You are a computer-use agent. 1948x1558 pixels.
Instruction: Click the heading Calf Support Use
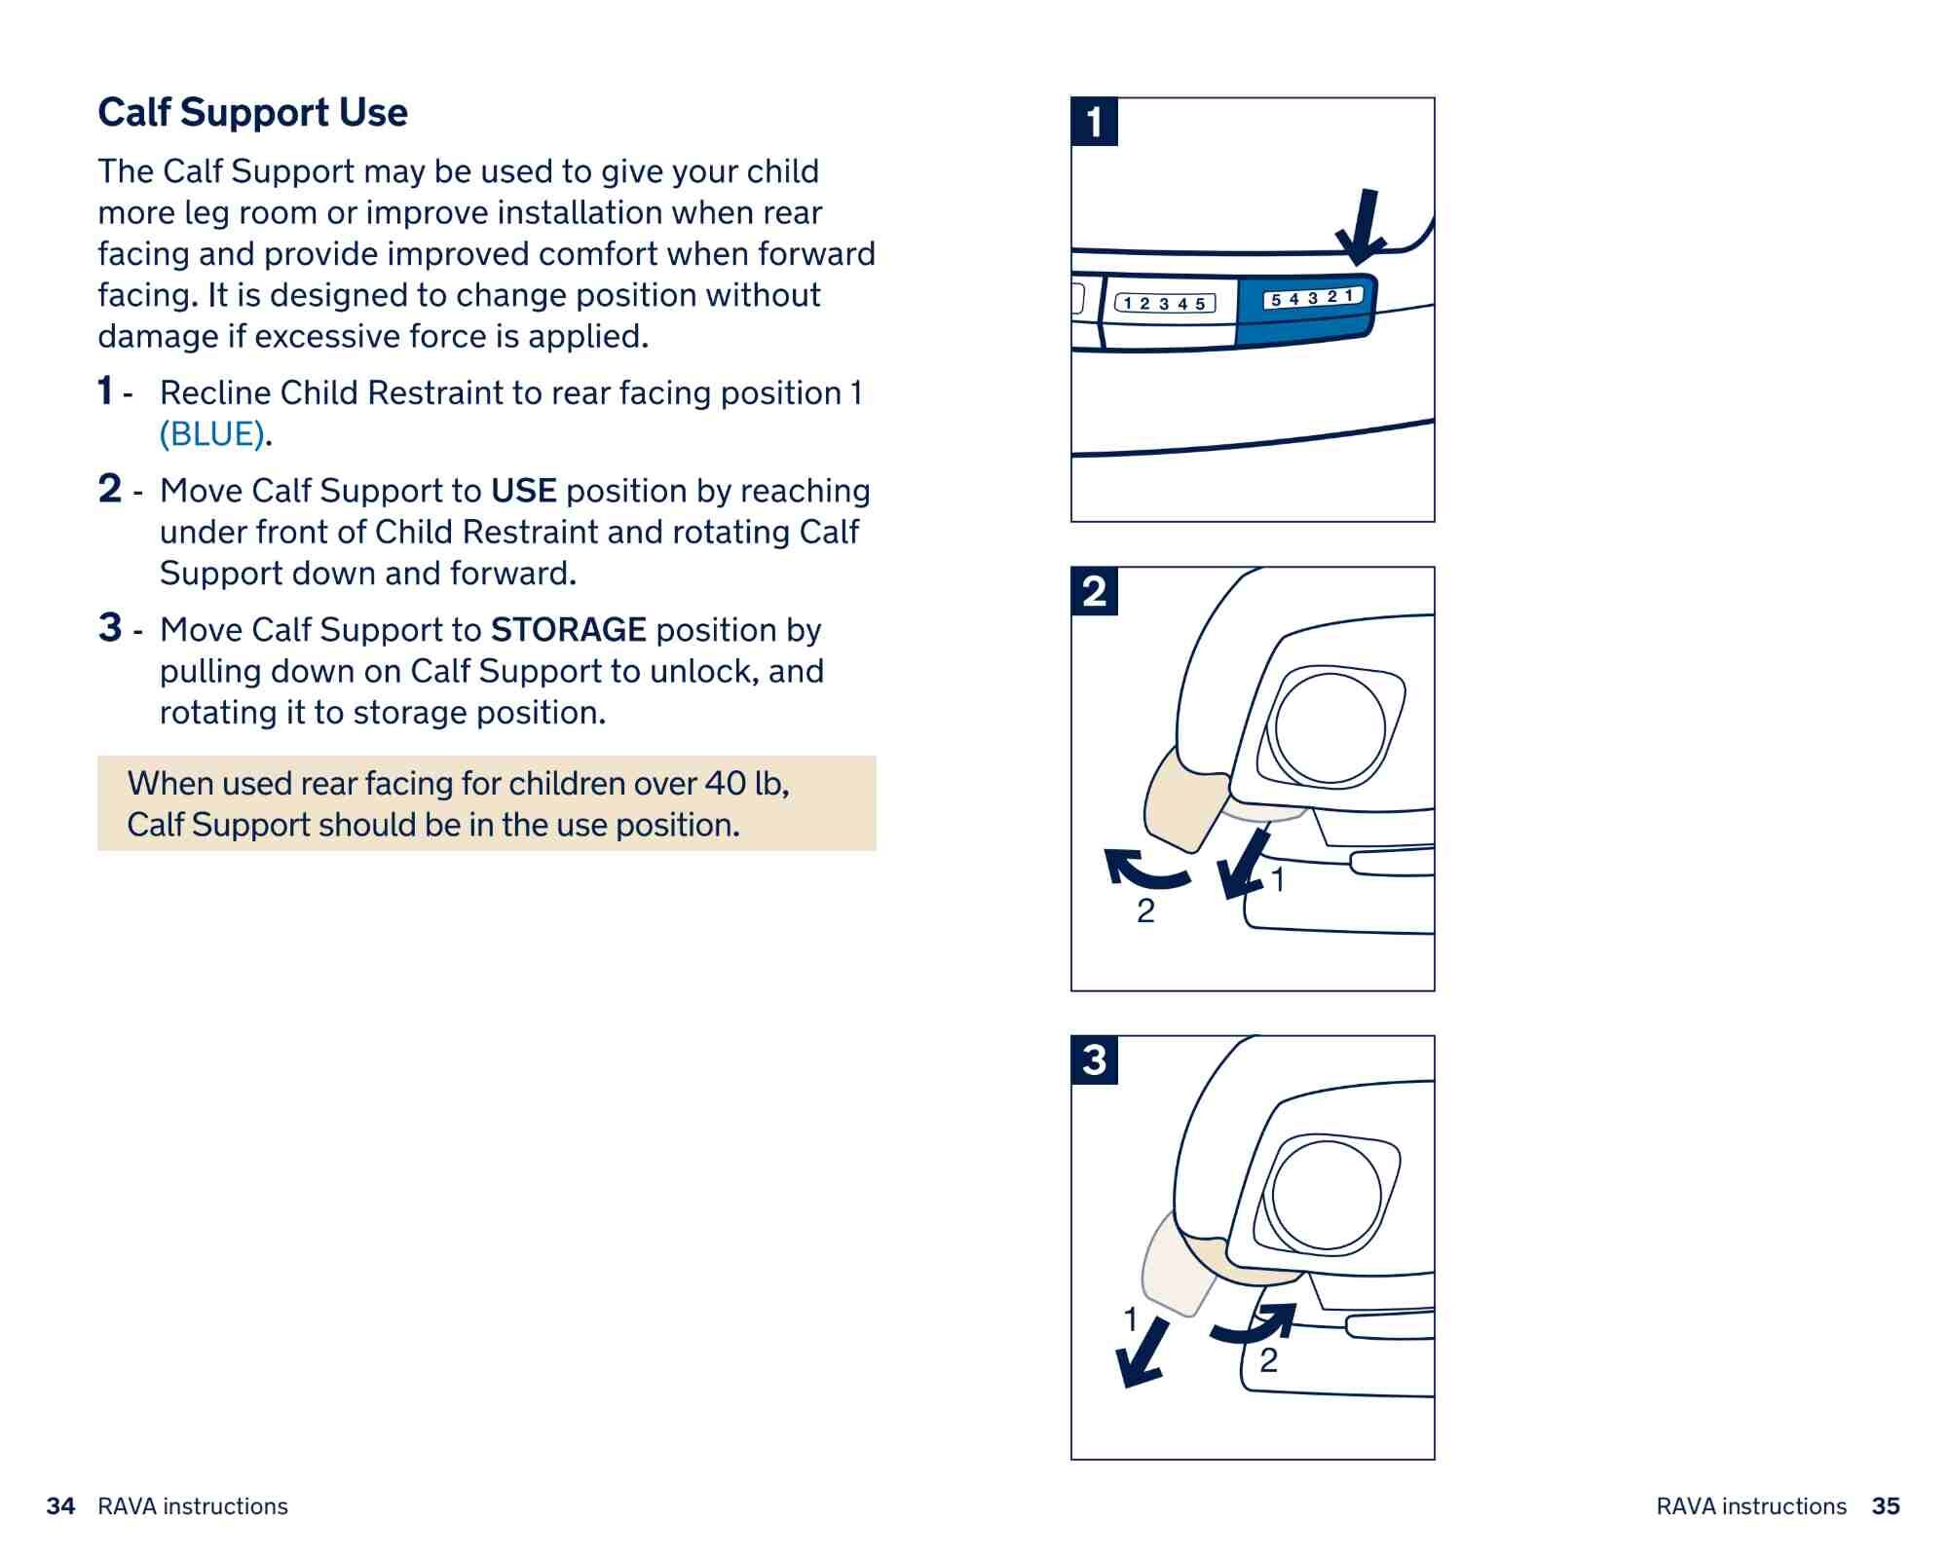coord(252,113)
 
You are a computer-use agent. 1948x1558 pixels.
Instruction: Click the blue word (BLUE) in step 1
coord(212,434)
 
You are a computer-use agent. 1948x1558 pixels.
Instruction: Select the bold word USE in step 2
coord(523,491)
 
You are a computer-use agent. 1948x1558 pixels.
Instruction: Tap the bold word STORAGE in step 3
coord(568,630)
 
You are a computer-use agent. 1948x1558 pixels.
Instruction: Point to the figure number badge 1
coord(1094,123)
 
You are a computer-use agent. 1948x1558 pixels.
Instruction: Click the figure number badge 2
coord(1094,591)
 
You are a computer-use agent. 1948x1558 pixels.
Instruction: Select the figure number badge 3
coord(1094,1059)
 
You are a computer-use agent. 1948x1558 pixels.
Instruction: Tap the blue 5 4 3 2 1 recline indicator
coord(1312,298)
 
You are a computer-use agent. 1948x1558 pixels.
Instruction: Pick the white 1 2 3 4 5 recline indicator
coord(1165,304)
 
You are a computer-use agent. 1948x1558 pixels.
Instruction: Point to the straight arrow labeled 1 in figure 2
coord(1244,866)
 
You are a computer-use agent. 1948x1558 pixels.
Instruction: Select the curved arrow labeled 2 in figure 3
coord(1256,1323)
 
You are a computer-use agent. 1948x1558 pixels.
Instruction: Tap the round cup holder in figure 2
coord(1330,727)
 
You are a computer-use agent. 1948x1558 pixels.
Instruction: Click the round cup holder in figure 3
coord(1326,1195)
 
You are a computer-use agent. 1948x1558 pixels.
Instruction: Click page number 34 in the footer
coord(60,1506)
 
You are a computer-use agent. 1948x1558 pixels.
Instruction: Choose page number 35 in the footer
coord(1886,1506)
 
